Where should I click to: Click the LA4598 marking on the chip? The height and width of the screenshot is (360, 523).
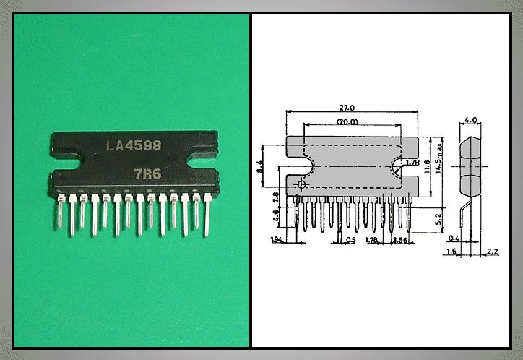tap(134, 145)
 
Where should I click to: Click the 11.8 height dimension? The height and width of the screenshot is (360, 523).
tap(426, 167)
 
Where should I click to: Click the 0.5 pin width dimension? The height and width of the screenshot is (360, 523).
tap(350, 240)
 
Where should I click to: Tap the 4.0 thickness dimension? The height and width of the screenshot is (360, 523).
tap(470, 120)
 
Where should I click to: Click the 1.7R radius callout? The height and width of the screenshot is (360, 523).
tap(412, 163)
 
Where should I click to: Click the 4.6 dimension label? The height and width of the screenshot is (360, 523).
tap(275, 215)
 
